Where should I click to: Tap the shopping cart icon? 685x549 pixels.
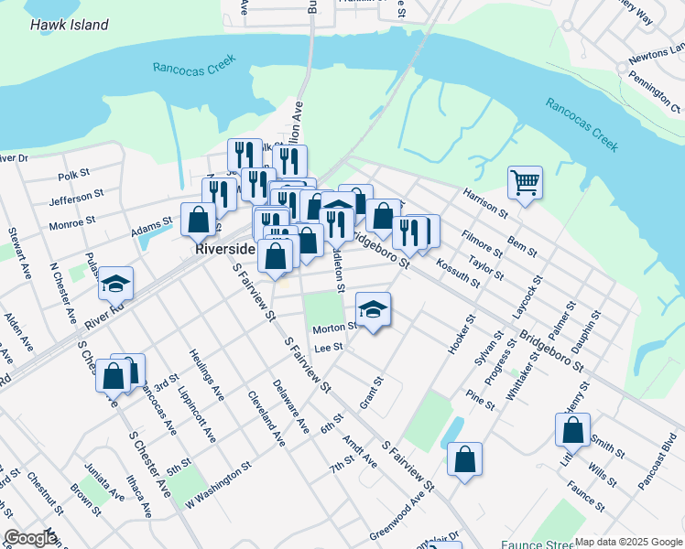tap(525, 182)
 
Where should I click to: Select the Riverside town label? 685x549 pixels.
tap(223, 248)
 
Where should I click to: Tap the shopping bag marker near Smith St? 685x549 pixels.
tap(572, 429)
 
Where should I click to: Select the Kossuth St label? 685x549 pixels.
tap(459, 273)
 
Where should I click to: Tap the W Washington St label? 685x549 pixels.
tap(218, 486)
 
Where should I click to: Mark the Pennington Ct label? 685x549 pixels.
tap(652, 83)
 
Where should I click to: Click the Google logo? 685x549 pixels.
tap(29, 538)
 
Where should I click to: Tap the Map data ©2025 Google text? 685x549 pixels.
tap(628, 542)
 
